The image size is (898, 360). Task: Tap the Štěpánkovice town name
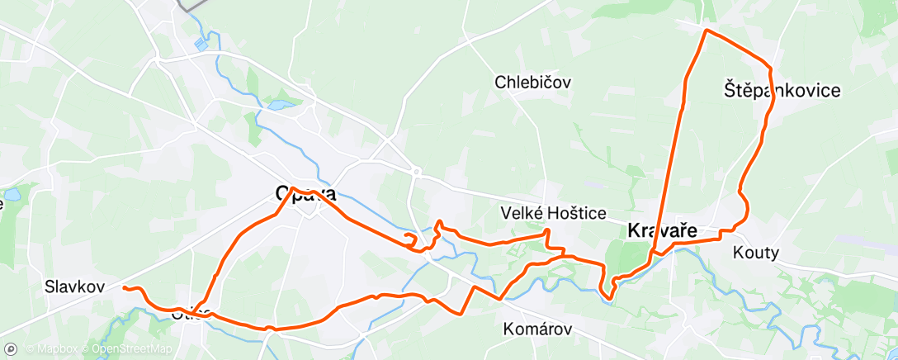(x=782, y=90)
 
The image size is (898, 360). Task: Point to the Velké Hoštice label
(x=554, y=213)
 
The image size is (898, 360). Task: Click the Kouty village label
(x=755, y=253)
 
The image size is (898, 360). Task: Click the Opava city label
(x=305, y=195)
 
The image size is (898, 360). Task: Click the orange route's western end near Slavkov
(x=124, y=287)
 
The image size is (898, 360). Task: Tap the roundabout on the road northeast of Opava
(x=418, y=173)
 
